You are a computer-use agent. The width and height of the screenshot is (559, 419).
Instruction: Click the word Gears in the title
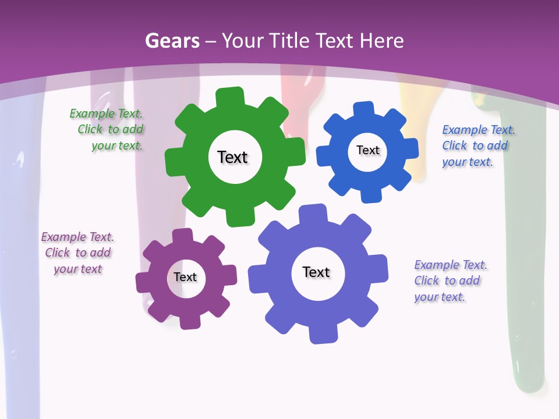(172, 41)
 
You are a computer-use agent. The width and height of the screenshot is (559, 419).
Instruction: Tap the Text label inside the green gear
(232, 157)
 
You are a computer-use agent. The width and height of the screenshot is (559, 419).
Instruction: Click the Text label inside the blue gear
(367, 150)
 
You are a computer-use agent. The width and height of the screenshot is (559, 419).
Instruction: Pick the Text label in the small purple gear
(185, 277)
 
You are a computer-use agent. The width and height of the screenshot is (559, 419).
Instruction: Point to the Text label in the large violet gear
(316, 272)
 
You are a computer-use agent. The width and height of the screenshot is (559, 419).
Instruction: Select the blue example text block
(477, 145)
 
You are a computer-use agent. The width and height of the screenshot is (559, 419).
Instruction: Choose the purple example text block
(77, 253)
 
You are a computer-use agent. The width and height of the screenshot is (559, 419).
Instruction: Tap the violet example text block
(450, 280)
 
